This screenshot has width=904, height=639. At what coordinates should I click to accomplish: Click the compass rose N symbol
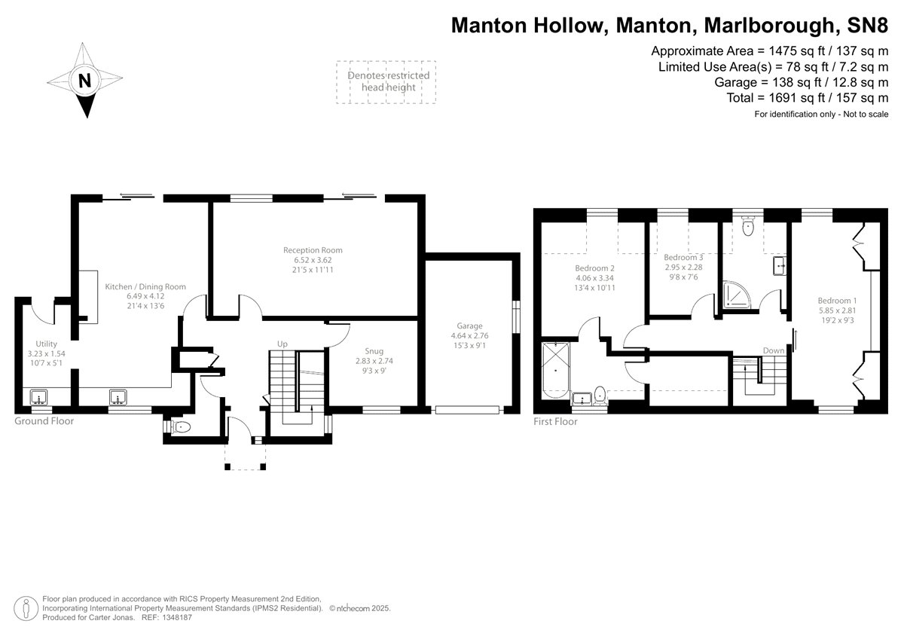pyautogui.click(x=85, y=81)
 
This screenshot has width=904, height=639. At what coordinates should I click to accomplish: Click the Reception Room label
pyautogui.click(x=313, y=250)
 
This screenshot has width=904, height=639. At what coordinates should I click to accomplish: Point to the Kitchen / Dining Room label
pyautogui.click(x=145, y=286)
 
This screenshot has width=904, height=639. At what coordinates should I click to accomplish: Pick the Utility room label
pyautogui.click(x=35, y=343)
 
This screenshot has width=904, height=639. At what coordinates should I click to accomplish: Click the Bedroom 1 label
pyautogui.click(x=837, y=301)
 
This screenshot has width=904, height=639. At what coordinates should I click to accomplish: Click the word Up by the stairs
pyautogui.click(x=282, y=344)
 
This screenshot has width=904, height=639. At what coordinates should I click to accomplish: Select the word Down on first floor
pyautogui.click(x=773, y=350)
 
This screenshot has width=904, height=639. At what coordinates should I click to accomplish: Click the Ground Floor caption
pyautogui.click(x=44, y=421)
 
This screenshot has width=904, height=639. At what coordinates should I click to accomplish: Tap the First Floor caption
pyautogui.click(x=555, y=422)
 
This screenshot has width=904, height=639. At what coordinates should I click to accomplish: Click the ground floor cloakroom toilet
pyautogui.click(x=181, y=427)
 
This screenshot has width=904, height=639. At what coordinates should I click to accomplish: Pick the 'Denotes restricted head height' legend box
pyautogui.click(x=386, y=81)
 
